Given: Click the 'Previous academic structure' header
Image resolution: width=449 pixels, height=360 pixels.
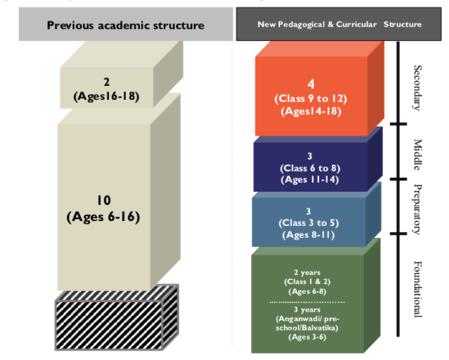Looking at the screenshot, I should click(125, 25).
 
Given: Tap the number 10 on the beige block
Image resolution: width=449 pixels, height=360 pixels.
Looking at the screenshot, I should click(104, 201).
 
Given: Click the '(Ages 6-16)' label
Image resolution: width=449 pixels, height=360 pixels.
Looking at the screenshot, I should click(104, 216).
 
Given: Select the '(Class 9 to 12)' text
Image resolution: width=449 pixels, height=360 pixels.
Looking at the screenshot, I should click(310, 98).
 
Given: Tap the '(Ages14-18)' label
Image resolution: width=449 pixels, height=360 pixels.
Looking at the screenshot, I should click(310, 111).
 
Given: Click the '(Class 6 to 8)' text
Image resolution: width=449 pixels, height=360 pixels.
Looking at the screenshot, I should click(310, 168).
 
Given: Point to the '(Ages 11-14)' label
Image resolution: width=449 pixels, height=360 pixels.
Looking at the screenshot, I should click(310, 179).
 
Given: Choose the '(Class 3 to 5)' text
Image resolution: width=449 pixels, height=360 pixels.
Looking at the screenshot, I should click(310, 223).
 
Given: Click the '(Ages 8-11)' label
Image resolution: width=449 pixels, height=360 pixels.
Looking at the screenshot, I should click(310, 235).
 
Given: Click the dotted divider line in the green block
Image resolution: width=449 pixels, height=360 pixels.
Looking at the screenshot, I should click(309, 301).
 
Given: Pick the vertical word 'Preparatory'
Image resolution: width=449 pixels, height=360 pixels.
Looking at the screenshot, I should click(418, 207).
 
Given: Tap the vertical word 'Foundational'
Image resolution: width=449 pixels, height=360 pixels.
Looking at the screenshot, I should click(418, 289).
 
